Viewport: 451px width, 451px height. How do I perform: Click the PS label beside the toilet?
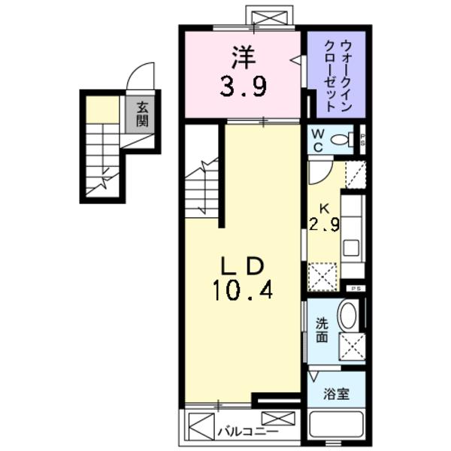362,139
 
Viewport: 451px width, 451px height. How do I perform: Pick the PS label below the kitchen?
356,289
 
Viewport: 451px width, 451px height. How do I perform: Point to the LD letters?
242,265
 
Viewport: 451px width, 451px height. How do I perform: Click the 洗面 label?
321,331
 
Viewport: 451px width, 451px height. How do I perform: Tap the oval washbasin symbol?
347,315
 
